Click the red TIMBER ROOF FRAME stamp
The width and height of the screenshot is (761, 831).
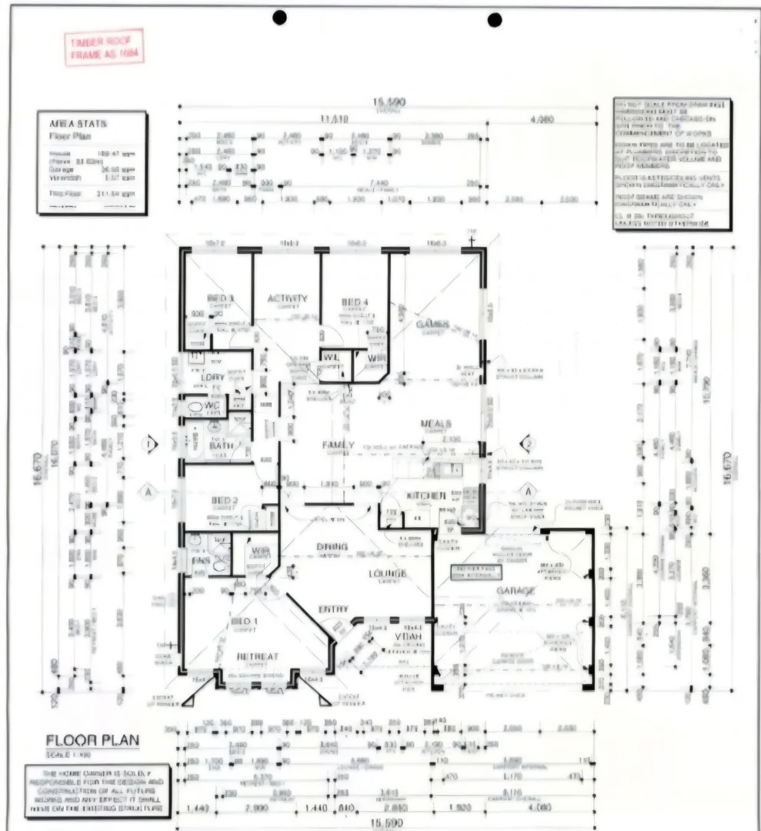click(104, 48)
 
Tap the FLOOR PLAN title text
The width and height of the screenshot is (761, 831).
click(93, 740)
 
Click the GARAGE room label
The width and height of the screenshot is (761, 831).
click(516, 591)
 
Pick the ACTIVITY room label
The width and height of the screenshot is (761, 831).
click(287, 299)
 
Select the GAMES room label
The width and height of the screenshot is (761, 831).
click(432, 325)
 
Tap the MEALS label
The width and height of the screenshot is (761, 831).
click(436, 424)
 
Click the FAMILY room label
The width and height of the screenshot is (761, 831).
click(338, 445)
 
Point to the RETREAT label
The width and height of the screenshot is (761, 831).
click(258, 656)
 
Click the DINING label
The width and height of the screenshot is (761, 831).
click(332, 547)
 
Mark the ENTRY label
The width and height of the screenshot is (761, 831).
click(333, 609)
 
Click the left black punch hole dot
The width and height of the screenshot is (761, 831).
click(279, 18)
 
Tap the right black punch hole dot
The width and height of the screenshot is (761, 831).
click(495, 19)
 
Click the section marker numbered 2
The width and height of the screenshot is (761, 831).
click(528, 443)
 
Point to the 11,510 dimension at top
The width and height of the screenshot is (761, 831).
click(334, 119)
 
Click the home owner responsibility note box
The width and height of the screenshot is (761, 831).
click(97, 789)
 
